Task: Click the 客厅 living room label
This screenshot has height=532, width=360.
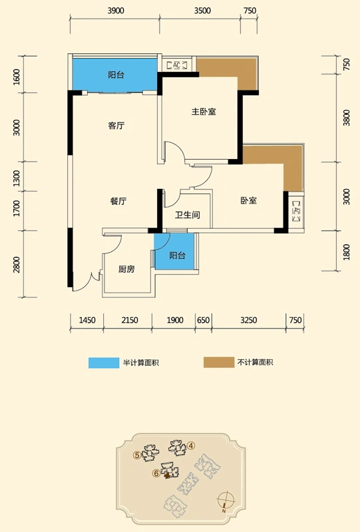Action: pyautogui.click(x=116, y=126)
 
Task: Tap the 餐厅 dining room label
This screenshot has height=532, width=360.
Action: pyautogui.click(x=118, y=201)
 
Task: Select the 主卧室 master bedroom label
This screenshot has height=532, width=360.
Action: pyautogui.click(x=204, y=112)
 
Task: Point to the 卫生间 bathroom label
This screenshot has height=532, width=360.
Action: pyautogui.click(x=188, y=215)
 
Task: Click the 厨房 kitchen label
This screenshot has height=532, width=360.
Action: pyautogui.click(x=126, y=269)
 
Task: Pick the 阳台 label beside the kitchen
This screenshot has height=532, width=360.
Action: pyautogui.click(x=177, y=255)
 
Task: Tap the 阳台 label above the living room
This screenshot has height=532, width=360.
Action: pyautogui.click(x=116, y=74)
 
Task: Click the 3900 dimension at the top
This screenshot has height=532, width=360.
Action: pyautogui.click(x=116, y=11)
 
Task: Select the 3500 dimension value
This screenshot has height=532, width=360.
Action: pyautogui.click(x=202, y=11)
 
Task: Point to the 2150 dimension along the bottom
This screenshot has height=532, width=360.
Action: pyautogui.click(x=130, y=321)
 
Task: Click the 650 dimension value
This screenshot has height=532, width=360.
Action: pyautogui.click(x=204, y=321)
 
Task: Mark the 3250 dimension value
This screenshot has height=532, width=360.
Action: pyautogui.click(x=249, y=321)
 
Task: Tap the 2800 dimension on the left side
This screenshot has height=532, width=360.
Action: pyautogui.click(x=17, y=265)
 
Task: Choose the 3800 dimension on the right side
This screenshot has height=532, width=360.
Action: pyautogui.click(x=347, y=118)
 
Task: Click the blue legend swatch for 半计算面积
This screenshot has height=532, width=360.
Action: pyautogui.click(x=104, y=362)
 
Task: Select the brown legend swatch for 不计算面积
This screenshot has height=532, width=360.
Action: pyautogui.click(x=219, y=362)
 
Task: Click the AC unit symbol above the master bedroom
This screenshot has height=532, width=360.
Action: pyautogui.click(x=176, y=65)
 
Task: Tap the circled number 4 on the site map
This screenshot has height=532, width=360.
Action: pyautogui.click(x=191, y=446)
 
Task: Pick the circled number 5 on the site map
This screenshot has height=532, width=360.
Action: pyautogui.click(x=138, y=456)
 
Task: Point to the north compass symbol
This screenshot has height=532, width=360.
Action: pyautogui.click(x=226, y=501)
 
